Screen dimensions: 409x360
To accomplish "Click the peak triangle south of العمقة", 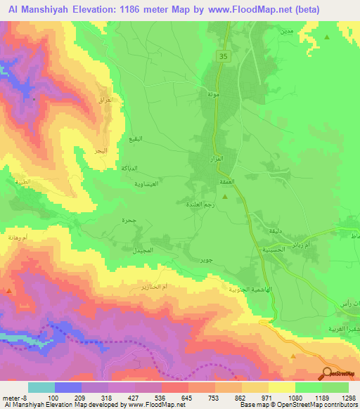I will coord(224,196).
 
